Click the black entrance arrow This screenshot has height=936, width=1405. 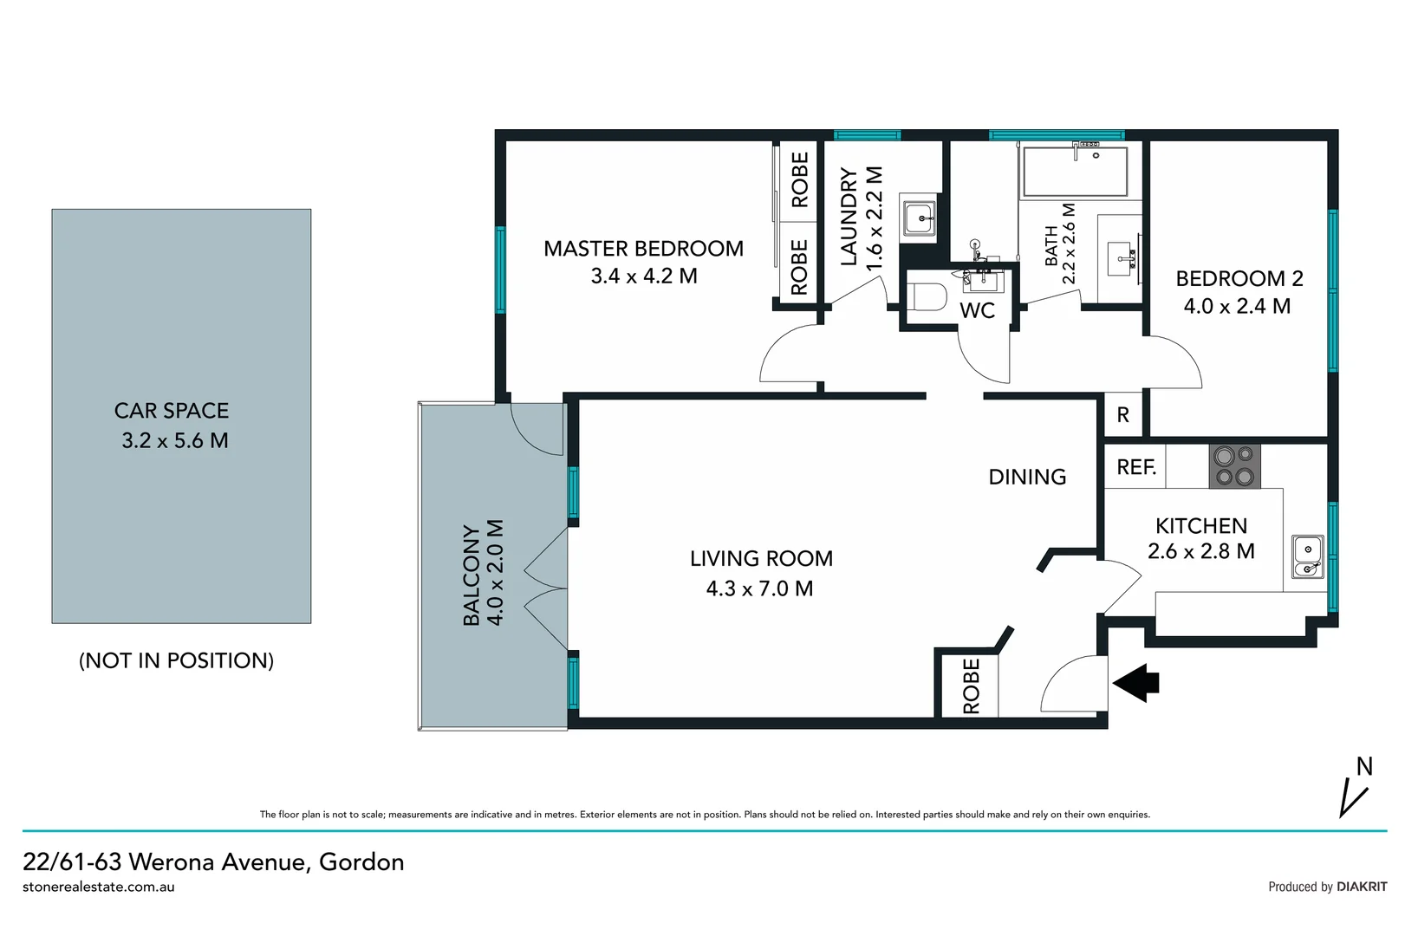[x=1136, y=683]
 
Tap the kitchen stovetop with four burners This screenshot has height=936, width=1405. [x=1234, y=466]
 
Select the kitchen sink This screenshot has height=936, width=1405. [x=1307, y=556]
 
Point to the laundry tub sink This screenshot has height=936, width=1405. [x=919, y=218]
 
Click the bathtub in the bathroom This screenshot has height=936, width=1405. [x=1075, y=172]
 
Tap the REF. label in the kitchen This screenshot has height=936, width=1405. [x=1136, y=467]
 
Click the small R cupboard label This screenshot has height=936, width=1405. [x=1122, y=415]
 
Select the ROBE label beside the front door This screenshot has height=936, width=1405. [x=972, y=686]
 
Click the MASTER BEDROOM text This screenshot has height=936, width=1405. [x=643, y=249]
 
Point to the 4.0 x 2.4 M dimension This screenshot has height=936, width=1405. [x=1237, y=307]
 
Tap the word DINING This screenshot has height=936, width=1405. [x=1027, y=477]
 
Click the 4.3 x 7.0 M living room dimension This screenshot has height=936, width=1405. [x=759, y=589]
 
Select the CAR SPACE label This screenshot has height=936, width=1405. [x=172, y=411]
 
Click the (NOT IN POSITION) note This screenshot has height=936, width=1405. [x=176, y=660]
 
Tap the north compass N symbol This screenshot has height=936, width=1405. [x=1364, y=767]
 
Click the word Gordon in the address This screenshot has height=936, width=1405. [x=361, y=862]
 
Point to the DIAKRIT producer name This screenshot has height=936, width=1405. [x=1362, y=887]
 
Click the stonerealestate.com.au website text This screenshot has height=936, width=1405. [x=99, y=887]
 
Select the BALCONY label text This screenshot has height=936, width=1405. [x=472, y=575]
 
